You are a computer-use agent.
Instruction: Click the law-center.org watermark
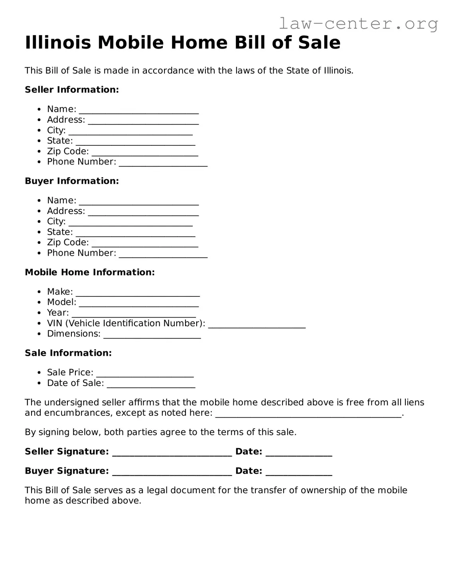(x=358, y=24)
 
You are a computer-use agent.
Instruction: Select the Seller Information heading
(x=72, y=90)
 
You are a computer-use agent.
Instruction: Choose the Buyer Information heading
(x=72, y=181)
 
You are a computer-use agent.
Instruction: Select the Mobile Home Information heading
(x=90, y=272)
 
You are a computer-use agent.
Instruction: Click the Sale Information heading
(x=68, y=353)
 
